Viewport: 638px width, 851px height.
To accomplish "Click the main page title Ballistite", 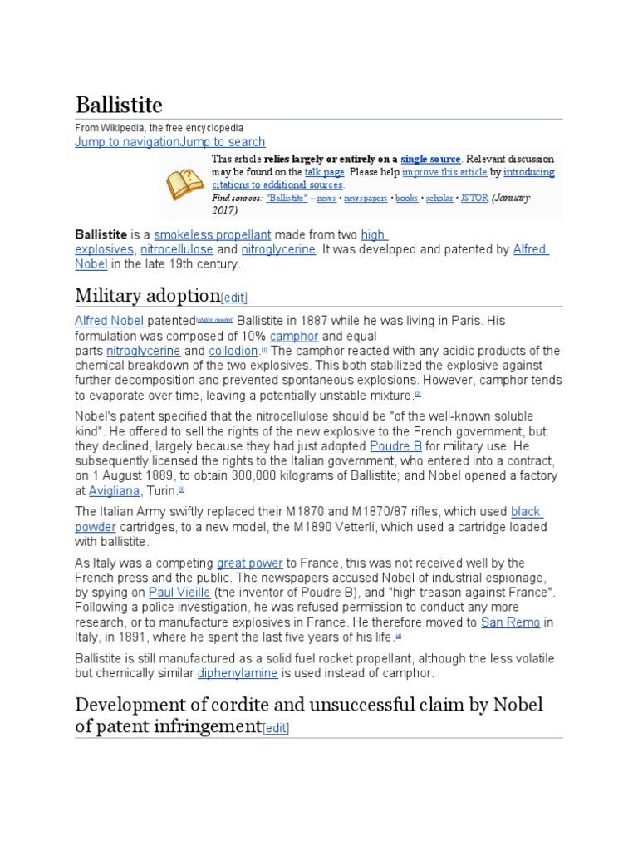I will [119, 106].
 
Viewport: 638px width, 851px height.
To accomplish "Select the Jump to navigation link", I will [127, 142].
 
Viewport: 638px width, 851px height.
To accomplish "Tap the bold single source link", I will [430, 159].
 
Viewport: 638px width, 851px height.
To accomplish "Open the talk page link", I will [324, 172].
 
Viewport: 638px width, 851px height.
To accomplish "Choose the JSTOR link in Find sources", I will [474, 198].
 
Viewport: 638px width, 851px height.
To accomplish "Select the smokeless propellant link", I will [213, 235].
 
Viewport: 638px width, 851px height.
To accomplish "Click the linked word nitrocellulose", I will [177, 249].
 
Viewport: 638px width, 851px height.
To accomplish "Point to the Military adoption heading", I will [147, 295].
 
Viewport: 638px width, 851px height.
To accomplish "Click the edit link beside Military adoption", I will [234, 298].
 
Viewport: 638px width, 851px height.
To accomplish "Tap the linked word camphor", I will [294, 336].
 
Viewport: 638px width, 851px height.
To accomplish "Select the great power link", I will [250, 563].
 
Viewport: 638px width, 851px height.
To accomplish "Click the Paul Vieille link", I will [179, 593].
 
